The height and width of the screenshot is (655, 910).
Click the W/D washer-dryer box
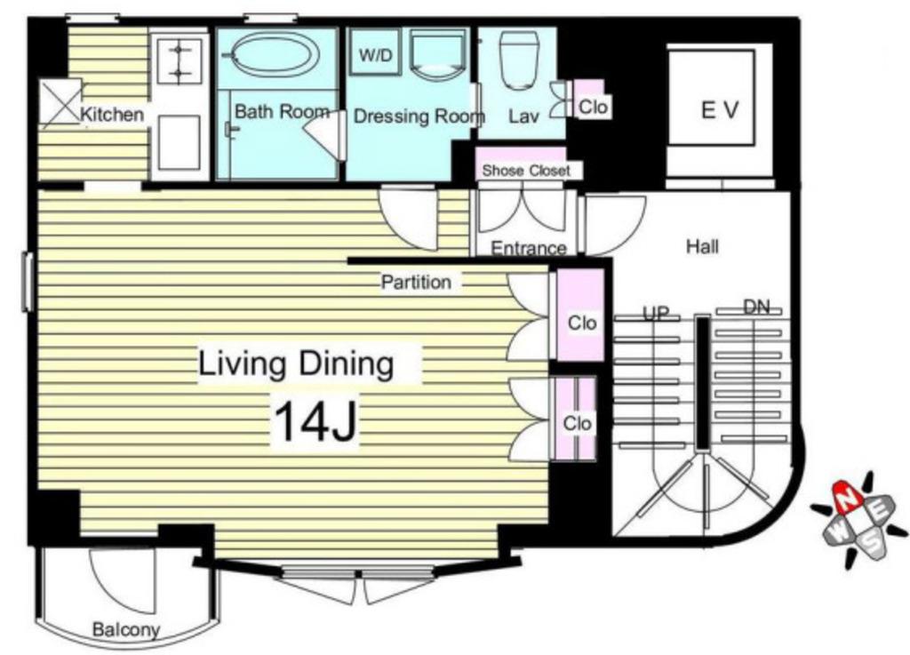[376, 54]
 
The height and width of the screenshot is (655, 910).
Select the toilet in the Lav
[519, 60]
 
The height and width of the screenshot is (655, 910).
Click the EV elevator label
[720, 109]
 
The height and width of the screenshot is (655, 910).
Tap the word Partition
[416, 282]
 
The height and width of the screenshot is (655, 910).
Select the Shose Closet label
[526, 171]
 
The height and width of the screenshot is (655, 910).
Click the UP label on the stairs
[656, 313]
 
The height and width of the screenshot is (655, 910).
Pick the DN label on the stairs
[757, 306]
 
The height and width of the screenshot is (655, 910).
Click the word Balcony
[126, 629]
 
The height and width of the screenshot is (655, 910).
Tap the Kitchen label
[112, 115]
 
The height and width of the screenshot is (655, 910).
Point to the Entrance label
[528, 248]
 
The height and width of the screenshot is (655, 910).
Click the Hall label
[702, 246]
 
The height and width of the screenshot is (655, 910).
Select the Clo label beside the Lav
[593, 107]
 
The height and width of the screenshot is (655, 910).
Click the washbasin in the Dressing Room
[437, 54]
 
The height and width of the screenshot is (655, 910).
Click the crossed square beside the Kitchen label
[60, 103]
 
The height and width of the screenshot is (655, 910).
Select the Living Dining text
[296, 364]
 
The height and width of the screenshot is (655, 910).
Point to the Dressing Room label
[419, 116]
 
